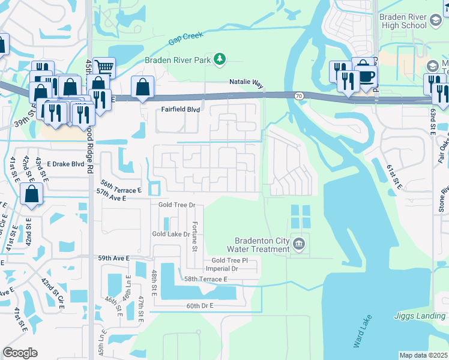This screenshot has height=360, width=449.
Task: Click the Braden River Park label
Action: click(x=179, y=59)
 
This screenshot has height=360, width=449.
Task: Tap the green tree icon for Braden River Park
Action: click(x=221, y=59)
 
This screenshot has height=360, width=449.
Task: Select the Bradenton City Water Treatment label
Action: click(x=262, y=245)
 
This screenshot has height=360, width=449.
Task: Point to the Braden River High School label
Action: click(x=403, y=22)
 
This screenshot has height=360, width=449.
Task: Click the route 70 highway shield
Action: click(x=298, y=95)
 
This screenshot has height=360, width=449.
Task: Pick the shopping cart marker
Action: click(x=104, y=67)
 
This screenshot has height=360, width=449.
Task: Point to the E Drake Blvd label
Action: click(x=66, y=164)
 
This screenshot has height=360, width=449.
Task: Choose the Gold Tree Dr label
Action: click(x=177, y=205)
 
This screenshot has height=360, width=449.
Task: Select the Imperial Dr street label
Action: click(x=223, y=269)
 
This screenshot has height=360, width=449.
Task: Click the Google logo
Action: click(x=20, y=353)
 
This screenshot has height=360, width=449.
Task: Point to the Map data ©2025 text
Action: click(x=423, y=355)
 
